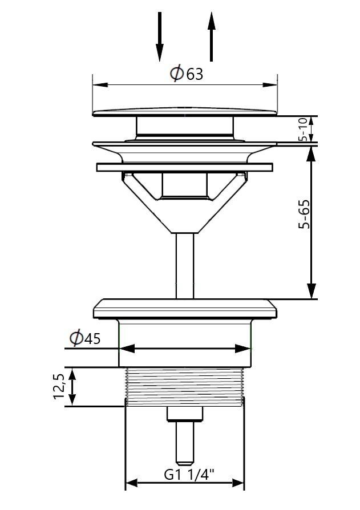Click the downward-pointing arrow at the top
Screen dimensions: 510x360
coord(160,37)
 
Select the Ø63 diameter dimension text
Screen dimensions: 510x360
coord(186,74)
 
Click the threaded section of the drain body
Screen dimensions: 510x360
coord(184,387)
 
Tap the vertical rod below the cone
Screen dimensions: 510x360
coord(184,265)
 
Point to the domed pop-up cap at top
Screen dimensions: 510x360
coord(184,111)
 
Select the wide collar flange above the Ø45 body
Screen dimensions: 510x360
coord(184,309)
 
